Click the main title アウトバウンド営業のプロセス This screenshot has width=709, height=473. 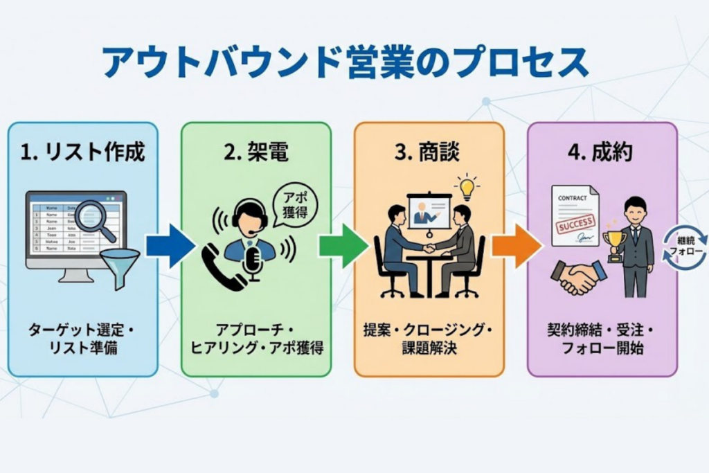click(x=345, y=63)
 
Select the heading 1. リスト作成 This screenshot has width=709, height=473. click(x=83, y=152)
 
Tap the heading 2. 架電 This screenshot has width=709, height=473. click(x=255, y=152)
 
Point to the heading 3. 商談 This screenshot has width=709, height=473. click(x=427, y=152)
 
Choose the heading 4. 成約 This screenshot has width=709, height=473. click(x=600, y=152)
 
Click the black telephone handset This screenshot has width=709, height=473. click(x=222, y=267)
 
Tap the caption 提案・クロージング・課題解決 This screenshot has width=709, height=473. click(x=428, y=338)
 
